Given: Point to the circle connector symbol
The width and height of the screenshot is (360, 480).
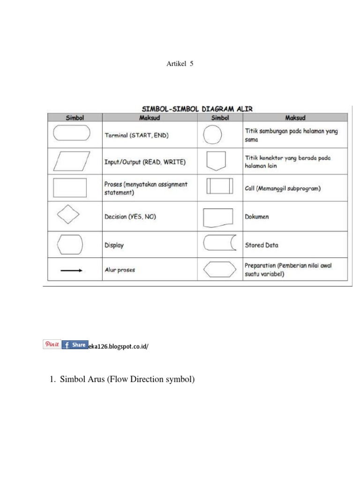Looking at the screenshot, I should pos(212,136).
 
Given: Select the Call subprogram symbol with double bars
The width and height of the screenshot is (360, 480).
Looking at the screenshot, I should pos(219,187).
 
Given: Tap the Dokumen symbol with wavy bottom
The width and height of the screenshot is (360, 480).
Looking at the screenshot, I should pos(218,217).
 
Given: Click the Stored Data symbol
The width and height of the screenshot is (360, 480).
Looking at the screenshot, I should pos(219,244).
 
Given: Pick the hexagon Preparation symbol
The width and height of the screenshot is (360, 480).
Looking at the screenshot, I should pos(219,270).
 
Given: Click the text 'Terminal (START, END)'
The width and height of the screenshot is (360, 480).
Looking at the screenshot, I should pos(136,135).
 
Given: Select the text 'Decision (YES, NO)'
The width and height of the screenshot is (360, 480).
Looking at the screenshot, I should pos(130,217).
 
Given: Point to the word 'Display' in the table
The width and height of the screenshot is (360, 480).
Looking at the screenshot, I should pos(114,245).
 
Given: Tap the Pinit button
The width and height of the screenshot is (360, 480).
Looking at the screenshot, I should pos(51,345).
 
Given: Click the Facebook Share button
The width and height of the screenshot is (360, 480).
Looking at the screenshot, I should pos(74,345).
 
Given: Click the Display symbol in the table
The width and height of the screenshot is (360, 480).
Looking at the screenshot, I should pos(69,244).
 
